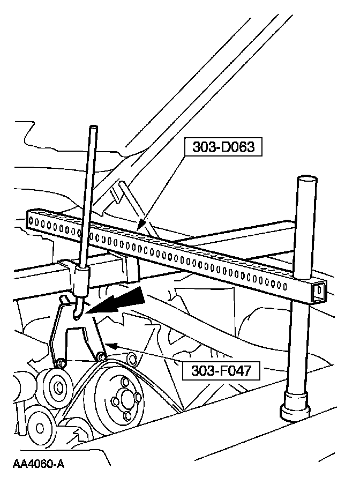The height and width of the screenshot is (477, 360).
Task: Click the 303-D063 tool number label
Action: (223, 146)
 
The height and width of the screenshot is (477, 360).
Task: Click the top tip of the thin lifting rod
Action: (94, 129)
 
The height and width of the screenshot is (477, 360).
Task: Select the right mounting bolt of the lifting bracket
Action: (101, 356)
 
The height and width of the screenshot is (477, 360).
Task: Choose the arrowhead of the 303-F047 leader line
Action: (107, 346)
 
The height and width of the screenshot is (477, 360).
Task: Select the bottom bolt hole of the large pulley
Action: (127, 415)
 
